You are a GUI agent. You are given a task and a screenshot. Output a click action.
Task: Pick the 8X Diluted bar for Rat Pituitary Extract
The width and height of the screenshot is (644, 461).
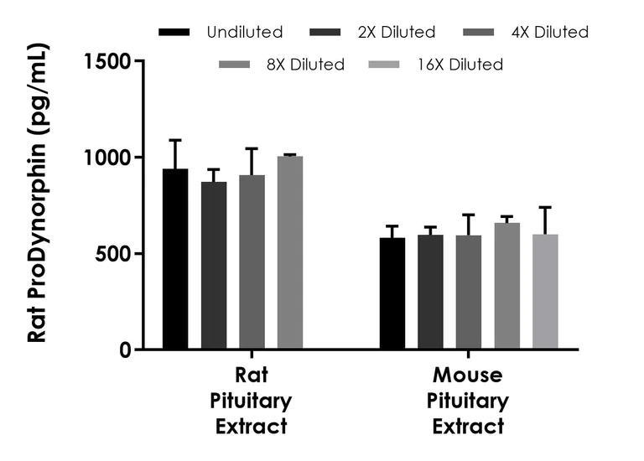tap(290, 252)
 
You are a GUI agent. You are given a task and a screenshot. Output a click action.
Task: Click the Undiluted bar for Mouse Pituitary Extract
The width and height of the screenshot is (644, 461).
tap(392, 293)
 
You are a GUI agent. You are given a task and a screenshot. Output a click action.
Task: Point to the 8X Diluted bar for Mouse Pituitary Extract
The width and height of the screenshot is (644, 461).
tap(506, 286)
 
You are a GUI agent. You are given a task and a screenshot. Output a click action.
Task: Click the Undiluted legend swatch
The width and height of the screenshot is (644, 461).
tap(177, 33)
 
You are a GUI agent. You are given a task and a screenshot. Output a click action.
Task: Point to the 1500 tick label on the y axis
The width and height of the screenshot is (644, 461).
tap(106, 62)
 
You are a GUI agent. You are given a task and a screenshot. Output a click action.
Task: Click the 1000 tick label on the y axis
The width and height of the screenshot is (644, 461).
tap(106, 158)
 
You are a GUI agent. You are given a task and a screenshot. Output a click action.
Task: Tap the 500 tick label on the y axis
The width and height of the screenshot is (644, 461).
tap(113, 254)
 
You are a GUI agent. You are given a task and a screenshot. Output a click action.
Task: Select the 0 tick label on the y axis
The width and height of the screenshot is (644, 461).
tap(125, 350)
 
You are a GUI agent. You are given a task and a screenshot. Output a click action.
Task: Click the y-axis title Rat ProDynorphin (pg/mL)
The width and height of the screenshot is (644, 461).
tap(37, 201)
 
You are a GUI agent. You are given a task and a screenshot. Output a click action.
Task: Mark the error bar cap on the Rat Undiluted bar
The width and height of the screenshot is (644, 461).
tap(175, 140)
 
